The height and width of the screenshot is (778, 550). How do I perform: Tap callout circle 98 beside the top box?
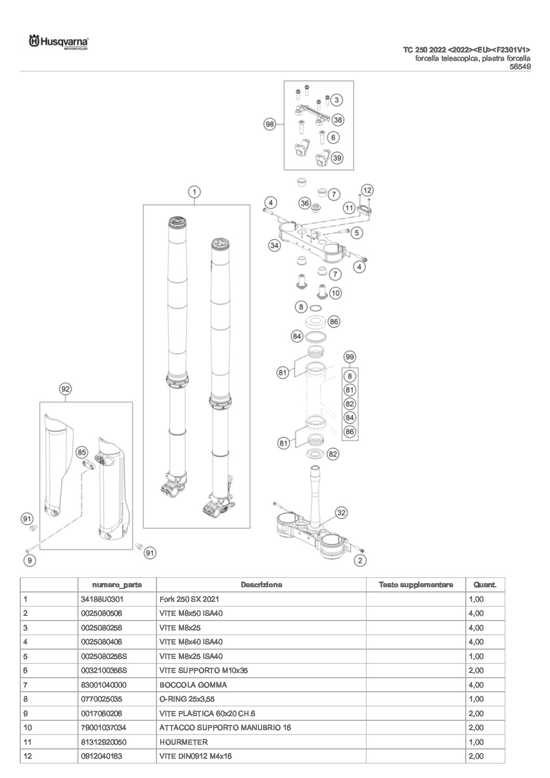click(269, 125)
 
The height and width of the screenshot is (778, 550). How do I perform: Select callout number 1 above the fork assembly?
click(193, 192)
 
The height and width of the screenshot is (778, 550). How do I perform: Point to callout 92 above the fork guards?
click(65, 389)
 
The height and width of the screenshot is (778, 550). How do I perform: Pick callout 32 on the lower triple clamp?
click(341, 513)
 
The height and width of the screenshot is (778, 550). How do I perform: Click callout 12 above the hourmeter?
click(367, 190)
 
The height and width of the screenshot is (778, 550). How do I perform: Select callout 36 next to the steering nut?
click(305, 203)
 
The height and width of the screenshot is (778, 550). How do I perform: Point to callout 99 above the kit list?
click(350, 357)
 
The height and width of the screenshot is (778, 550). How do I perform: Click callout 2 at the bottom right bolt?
click(360, 560)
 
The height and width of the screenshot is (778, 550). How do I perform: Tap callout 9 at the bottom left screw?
click(30, 560)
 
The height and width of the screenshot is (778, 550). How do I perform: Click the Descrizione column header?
click(261, 585)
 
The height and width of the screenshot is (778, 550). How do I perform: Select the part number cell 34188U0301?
click(102, 599)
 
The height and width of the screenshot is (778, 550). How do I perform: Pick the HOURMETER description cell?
click(184, 742)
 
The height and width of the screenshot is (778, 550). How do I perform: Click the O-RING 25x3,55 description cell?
click(187, 699)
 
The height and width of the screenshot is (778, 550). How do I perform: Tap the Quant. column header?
click(484, 585)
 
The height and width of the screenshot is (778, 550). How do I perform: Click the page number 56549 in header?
click(520, 67)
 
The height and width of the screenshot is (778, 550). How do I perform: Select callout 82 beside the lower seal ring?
click(333, 454)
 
